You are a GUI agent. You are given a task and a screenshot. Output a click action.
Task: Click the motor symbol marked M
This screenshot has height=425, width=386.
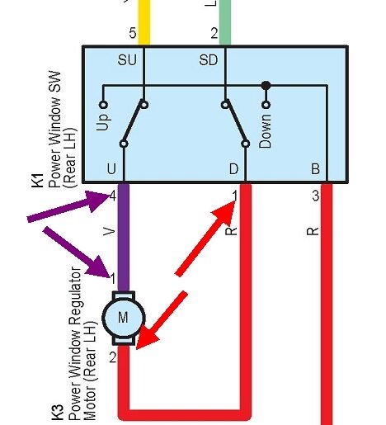point(123,317)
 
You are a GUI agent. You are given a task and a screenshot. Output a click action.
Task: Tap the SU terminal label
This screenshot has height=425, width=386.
point(127,60)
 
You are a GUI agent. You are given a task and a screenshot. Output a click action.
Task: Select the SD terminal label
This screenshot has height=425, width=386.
point(209,60)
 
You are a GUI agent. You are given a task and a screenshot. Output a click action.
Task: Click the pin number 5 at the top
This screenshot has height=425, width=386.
point(132,34)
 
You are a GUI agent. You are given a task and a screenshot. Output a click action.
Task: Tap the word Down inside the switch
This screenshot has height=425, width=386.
point(265,130)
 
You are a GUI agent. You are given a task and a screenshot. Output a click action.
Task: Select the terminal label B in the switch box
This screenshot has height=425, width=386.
point(315,170)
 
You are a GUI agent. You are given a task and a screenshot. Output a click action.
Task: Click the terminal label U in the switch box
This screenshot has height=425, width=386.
point(111,170)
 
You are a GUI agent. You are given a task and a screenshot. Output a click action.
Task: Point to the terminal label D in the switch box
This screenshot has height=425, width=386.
point(233,170)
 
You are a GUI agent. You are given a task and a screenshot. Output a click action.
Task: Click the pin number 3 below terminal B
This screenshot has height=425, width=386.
point(315,196)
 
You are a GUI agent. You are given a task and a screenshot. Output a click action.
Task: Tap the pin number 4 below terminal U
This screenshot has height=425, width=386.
point(111,196)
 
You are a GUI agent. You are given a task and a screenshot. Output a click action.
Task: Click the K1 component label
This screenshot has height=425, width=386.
point(38,181)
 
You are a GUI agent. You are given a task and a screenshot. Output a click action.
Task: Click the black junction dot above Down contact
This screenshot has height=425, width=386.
point(266,85)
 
